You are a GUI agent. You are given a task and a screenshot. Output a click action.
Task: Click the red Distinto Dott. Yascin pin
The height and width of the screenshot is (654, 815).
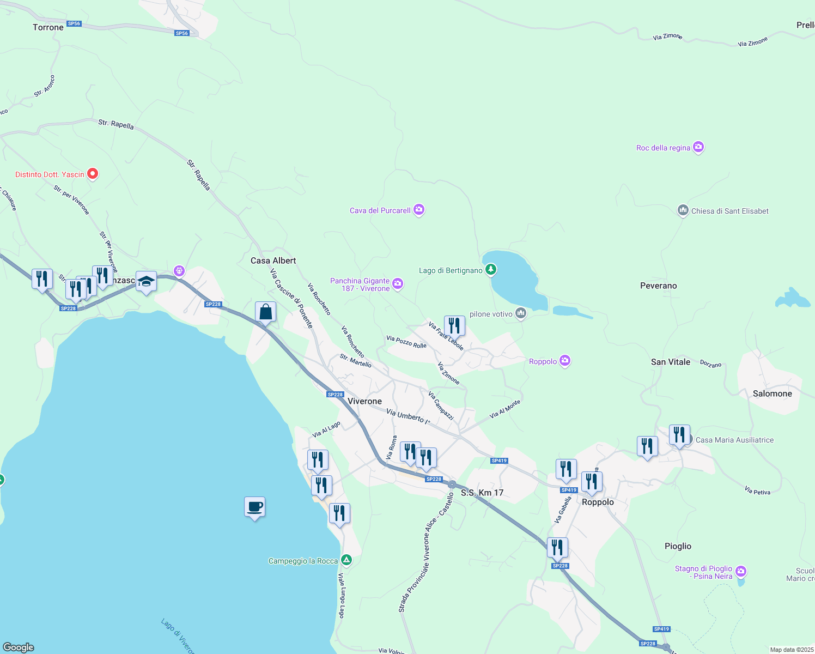[x=93, y=174]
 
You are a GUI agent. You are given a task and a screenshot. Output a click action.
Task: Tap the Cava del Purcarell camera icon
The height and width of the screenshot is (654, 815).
[x=418, y=210]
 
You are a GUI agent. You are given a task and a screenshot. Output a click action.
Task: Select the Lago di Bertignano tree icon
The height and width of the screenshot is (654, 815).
[x=491, y=269]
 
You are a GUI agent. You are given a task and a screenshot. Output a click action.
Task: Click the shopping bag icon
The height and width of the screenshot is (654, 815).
[x=265, y=312]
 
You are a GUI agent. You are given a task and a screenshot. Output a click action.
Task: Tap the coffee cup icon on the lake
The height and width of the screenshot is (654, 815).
[x=254, y=507]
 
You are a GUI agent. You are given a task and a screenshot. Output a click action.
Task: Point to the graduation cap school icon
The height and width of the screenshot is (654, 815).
[x=146, y=282]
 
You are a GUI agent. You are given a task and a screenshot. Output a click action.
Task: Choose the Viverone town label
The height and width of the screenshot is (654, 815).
[x=364, y=401]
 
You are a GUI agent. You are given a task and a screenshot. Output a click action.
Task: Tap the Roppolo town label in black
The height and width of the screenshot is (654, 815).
[x=598, y=502]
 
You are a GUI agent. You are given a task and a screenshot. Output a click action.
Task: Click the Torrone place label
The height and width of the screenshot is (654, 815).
[x=48, y=27]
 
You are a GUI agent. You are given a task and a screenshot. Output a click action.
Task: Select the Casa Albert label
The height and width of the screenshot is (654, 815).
[x=273, y=261]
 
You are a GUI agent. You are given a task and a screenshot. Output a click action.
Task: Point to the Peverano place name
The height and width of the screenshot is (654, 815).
[x=658, y=286]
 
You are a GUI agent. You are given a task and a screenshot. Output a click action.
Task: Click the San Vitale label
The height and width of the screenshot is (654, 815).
[x=670, y=362]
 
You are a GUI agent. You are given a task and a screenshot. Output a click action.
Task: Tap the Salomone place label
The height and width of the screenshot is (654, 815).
[x=772, y=393]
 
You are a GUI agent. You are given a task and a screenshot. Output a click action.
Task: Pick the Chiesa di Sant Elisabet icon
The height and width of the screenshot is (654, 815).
[x=683, y=210]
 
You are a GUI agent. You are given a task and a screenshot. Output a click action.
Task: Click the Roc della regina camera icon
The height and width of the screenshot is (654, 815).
[x=698, y=147]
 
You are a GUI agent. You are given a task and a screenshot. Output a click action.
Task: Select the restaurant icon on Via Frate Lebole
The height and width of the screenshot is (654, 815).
[x=454, y=326]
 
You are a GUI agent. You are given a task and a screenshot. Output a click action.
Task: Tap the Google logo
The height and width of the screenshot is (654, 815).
[x=19, y=647]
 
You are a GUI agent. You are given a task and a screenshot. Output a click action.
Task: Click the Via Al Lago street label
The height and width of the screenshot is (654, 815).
[x=326, y=429]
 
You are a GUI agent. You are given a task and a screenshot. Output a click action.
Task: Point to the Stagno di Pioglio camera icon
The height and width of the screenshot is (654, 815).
[x=740, y=571]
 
